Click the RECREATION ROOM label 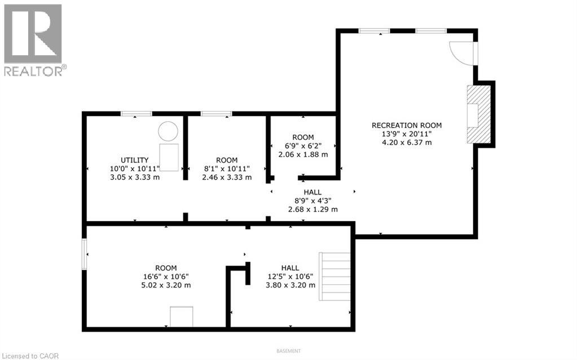click(x=407, y=125)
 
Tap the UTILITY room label click(x=135, y=160)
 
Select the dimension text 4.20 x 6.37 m click(x=407, y=142)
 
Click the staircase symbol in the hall click(x=335, y=276)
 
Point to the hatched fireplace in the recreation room click(x=479, y=114)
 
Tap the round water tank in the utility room click(x=168, y=131)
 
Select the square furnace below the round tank click(x=169, y=157)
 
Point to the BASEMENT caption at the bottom click(x=289, y=351)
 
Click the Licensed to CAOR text click(x=29, y=356)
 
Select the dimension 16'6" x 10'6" click(x=166, y=276)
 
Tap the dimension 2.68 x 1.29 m click(x=313, y=209)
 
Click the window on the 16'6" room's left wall click(x=84, y=254)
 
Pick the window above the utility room click(x=136, y=113)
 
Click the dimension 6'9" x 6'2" click(x=303, y=146)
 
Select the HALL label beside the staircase click(x=290, y=268)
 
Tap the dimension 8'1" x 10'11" click(x=227, y=169)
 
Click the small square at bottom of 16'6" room click(x=182, y=317)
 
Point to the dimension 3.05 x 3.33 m click(x=135, y=177)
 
